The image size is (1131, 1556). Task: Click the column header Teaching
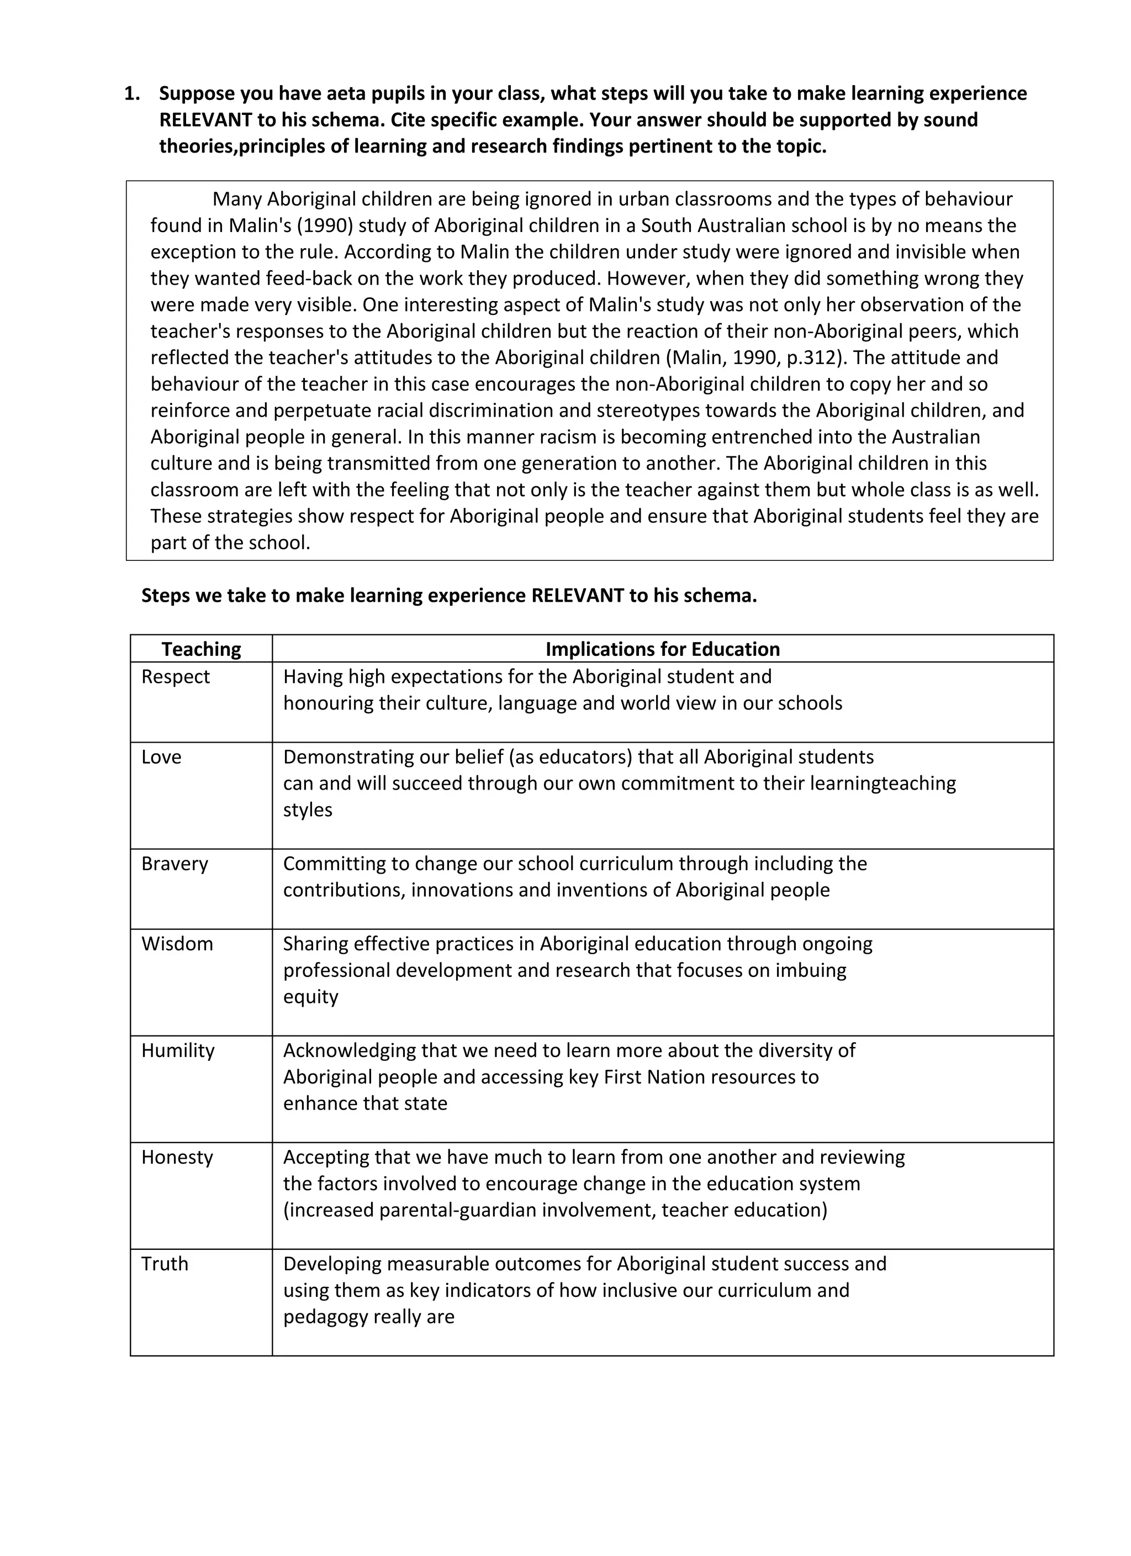coord(201,649)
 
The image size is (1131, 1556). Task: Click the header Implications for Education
coord(663,649)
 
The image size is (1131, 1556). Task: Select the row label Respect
coord(176,676)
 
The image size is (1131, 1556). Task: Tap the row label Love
coord(161,757)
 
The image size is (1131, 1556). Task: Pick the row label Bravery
coord(174,863)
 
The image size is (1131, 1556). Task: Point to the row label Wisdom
coord(177,943)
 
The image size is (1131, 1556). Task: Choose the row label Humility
coord(178,1050)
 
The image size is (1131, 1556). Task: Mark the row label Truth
coord(165,1264)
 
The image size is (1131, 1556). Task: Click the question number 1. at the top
coord(131,93)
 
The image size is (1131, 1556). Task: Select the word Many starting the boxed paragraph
coord(236,199)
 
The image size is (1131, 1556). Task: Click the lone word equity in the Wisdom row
coord(311,996)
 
